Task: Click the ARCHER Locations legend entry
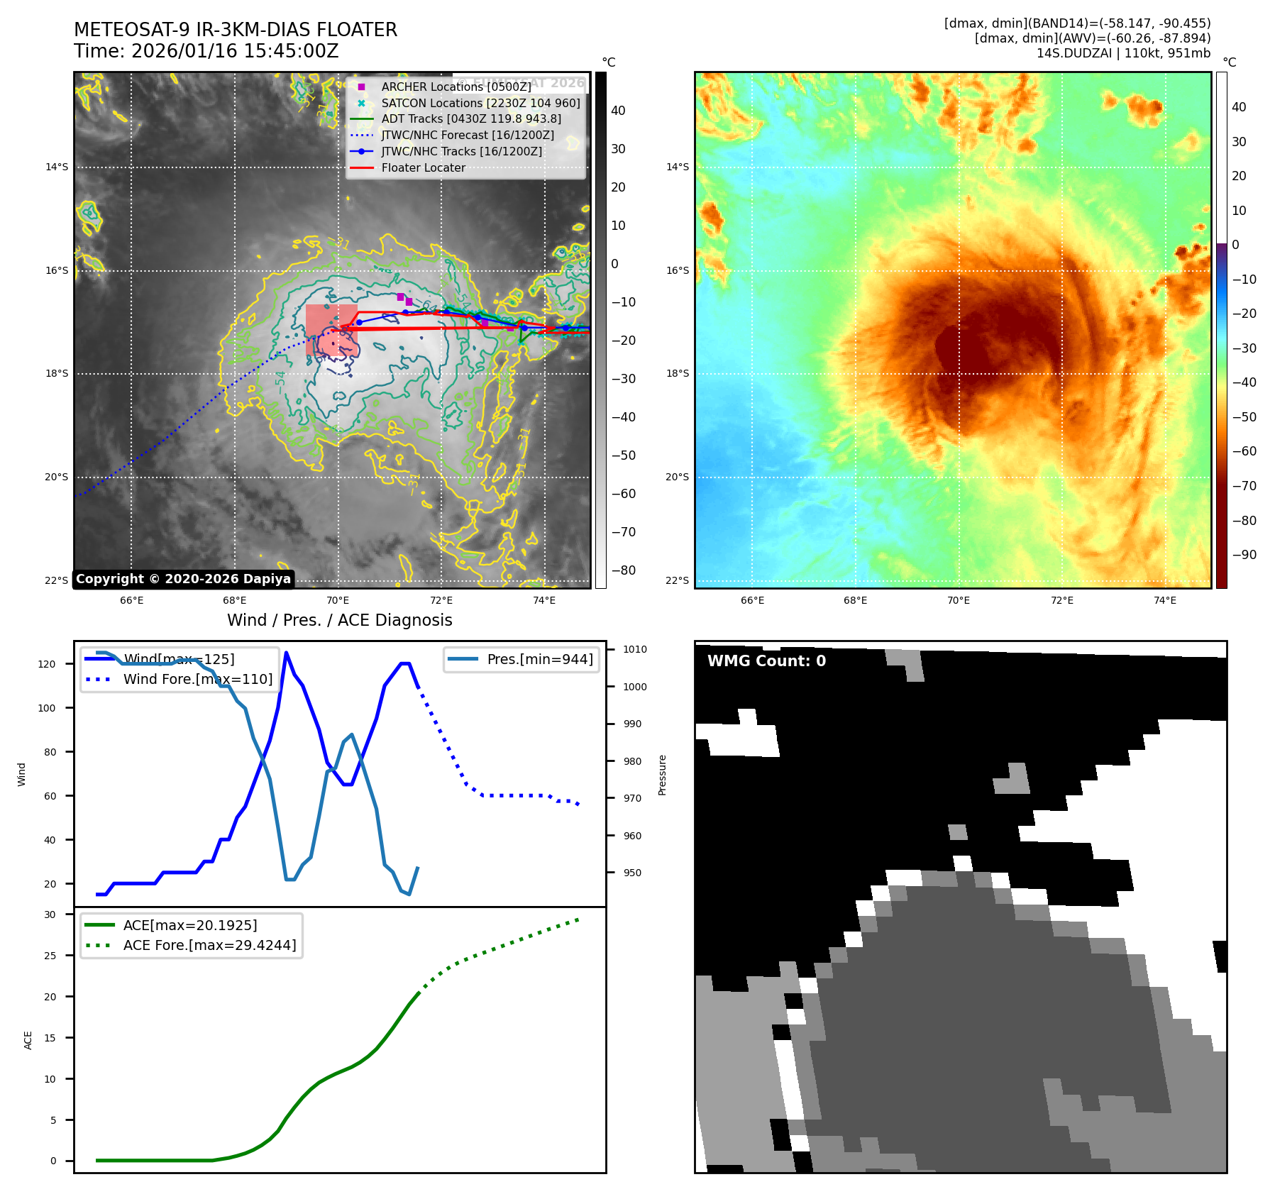[456, 87]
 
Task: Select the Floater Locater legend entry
[423, 168]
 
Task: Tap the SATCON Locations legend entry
[480, 103]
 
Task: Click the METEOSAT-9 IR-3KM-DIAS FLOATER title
[236, 30]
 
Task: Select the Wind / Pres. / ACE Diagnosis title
[339, 620]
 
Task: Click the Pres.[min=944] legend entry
[539, 659]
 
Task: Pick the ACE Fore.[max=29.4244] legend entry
[209, 945]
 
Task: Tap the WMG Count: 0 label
[766, 661]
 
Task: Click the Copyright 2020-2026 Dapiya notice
[183, 579]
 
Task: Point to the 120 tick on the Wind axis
[47, 664]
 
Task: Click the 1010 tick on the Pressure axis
[634, 649]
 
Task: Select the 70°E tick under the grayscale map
[338, 600]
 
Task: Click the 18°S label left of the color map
[677, 374]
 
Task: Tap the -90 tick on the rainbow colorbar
[1244, 555]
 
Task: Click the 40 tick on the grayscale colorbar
[618, 111]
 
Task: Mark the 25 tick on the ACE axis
[50, 956]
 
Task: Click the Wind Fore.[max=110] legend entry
[197, 679]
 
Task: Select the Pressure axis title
[662, 775]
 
